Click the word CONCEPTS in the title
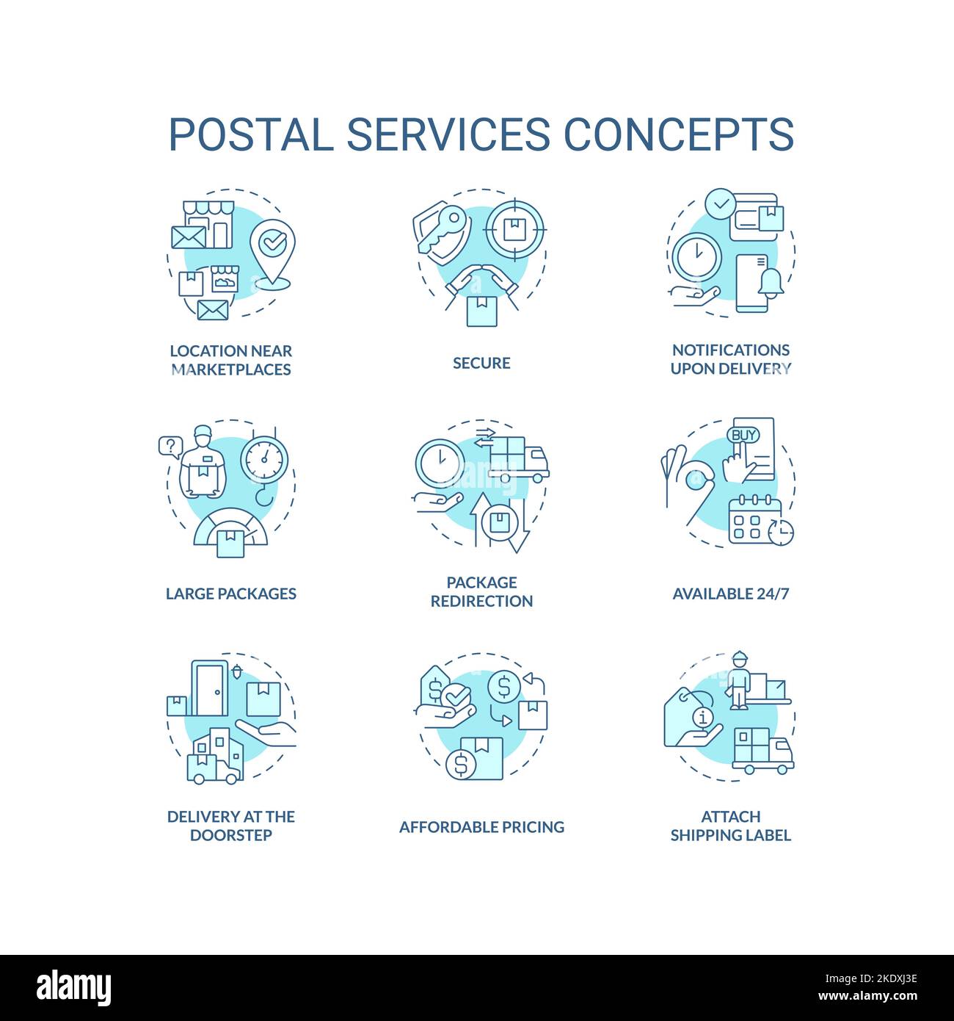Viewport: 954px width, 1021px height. [678, 134]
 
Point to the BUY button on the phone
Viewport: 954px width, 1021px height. [743, 435]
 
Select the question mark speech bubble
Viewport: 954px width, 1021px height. [170, 446]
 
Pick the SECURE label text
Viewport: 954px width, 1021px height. [481, 363]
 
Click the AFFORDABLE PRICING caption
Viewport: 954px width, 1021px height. [481, 827]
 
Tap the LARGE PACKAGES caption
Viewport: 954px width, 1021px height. [230, 594]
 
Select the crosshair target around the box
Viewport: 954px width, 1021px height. [516, 228]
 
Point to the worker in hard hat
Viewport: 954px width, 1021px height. [738, 680]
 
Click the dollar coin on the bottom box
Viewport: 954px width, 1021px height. [461, 765]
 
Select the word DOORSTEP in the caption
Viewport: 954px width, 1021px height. [230, 835]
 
